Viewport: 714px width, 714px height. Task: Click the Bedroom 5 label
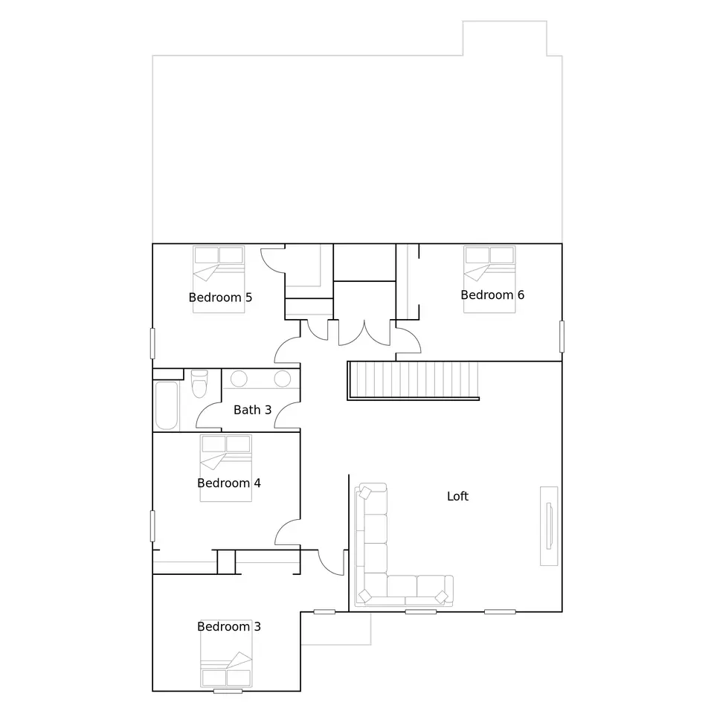[220, 297]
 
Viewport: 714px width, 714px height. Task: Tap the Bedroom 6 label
[492, 295]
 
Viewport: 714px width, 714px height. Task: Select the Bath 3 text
[252, 410]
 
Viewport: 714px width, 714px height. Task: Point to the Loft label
[457, 496]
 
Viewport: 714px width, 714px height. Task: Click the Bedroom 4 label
[229, 483]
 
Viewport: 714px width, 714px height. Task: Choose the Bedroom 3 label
[229, 626]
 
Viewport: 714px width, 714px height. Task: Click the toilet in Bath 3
[199, 384]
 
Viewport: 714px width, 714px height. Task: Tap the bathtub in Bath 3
[166, 405]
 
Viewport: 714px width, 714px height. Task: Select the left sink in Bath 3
[239, 379]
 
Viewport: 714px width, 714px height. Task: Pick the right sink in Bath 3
[283, 379]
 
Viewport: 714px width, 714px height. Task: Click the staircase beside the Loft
[413, 381]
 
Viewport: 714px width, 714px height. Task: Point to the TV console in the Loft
[549, 526]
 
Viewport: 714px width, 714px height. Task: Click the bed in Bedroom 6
[489, 279]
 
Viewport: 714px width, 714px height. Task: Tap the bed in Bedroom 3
[226, 654]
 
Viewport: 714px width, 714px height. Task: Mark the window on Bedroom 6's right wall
[562, 336]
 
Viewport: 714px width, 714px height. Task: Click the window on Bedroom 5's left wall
[152, 344]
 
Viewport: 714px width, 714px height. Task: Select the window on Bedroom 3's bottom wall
[228, 691]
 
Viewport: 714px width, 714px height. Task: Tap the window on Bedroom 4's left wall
[152, 526]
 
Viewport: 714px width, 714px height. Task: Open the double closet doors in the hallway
[364, 333]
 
